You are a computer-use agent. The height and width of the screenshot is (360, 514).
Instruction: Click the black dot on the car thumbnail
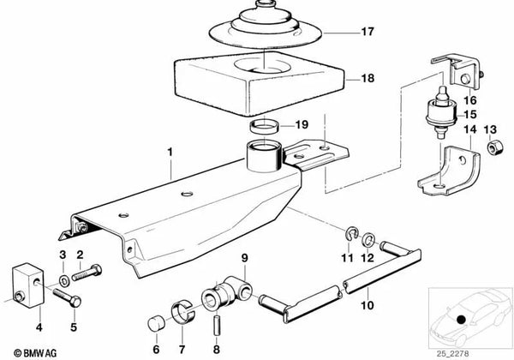point(463,321)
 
